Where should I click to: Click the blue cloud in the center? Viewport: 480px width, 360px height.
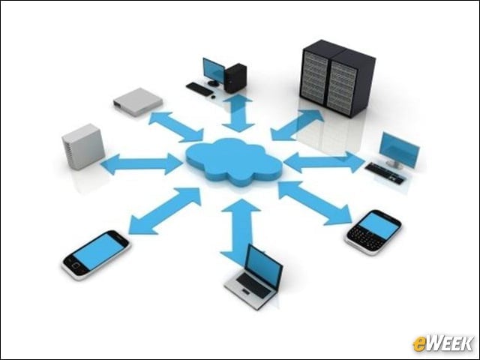click(234, 162)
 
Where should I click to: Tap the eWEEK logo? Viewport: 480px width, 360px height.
click(442, 343)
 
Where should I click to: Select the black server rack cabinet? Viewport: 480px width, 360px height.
click(337, 78)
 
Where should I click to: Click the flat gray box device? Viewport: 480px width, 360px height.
click(138, 102)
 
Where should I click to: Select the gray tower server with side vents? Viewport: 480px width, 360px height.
click(83, 146)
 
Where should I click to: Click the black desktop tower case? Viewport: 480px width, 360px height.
click(235, 78)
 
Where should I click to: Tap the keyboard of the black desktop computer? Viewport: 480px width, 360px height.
click(199, 88)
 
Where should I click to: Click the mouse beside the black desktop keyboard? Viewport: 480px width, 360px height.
click(213, 97)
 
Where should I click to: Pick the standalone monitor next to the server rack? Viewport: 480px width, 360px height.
click(399, 150)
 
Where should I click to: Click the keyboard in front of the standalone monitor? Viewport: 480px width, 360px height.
click(384, 173)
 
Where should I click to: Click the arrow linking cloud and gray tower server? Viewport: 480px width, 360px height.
click(142, 164)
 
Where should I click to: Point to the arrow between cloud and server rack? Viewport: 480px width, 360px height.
click(297, 125)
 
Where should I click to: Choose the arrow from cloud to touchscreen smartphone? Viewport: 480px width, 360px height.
click(165, 211)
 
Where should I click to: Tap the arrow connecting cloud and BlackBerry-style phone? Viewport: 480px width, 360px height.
click(315, 203)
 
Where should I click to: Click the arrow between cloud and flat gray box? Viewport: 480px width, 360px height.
click(176, 127)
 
